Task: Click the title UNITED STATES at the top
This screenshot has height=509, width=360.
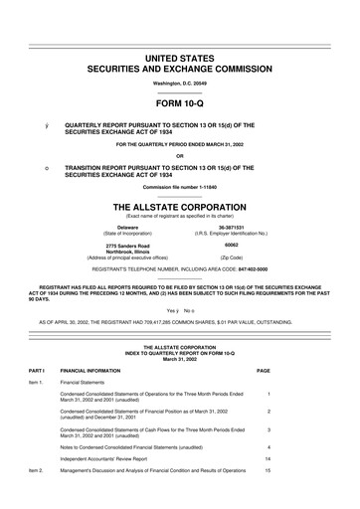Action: (179, 61)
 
